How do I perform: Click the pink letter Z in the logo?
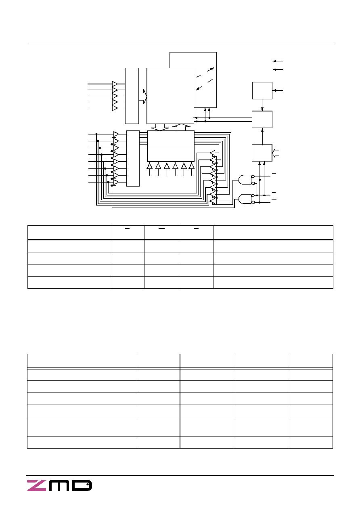pyautogui.click(x=36, y=485)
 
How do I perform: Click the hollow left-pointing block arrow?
pyautogui.click(x=276, y=153)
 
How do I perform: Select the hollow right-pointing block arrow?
pyautogui.click(x=143, y=97)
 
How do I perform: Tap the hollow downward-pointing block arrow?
pyautogui.click(x=160, y=127)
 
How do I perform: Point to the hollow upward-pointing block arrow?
pyautogui.click(x=181, y=127)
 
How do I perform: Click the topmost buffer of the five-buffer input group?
pyautogui.click(x=115, y=84)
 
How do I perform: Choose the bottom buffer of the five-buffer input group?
pyautogui.click(x=115, y=108)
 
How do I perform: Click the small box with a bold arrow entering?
pyautogui.click(x=262, y=90)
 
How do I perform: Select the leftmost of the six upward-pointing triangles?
pyautogui.click(x=149, y=166)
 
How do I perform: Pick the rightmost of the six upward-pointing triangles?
pyautogui.click(x=192, y=166)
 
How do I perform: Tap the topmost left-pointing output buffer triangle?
pyautogui.click(x=213, y=153)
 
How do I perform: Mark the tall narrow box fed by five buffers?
pyautogui.click(x=132, y=96)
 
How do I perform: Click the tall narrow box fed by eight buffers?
pyautogui.click(x=133, y=158)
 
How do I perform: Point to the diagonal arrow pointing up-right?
pyautogui.click(x=211, y=69)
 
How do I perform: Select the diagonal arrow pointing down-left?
pyautogui.click(x=199, y=88)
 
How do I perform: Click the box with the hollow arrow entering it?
pyautogui.click(x=262, y=153)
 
